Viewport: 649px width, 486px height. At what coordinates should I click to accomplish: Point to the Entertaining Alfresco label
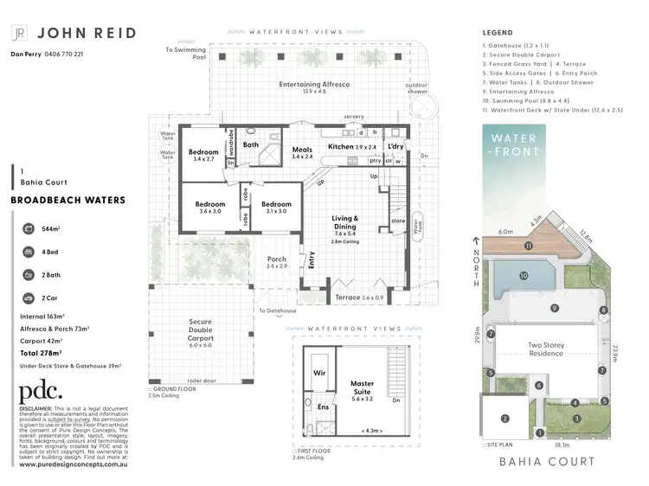pyautogui.click(x=314, y=86)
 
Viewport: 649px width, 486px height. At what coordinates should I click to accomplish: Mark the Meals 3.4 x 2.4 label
pyautogui.click(x=302, y=151)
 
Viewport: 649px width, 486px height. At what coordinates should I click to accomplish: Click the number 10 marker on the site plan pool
pyautogui.click(x=524, y=276)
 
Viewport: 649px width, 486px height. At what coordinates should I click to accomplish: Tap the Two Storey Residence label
pyautogui.click(x=546, y=349)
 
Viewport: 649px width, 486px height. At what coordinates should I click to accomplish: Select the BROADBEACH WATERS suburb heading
pyautogui.click(x=67, y=200)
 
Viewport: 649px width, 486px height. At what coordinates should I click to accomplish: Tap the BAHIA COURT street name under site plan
pyautogui.click(x=547, y=462)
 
